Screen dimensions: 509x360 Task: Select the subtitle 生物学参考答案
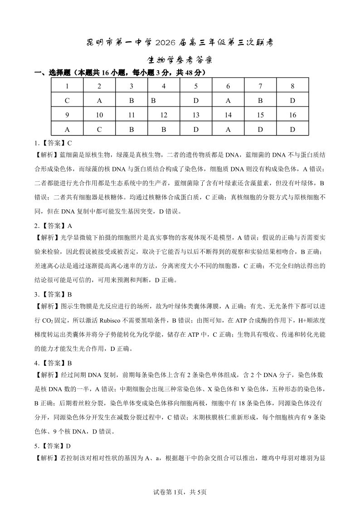[180, 60]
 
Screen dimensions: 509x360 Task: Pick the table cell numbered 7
[260, 86]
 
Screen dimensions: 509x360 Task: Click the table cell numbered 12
[164, 115]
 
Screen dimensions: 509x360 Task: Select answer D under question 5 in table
[196, 101]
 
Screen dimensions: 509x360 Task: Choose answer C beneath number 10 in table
[99, 129]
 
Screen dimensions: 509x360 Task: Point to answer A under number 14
[228, 129]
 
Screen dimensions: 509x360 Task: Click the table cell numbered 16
[292, 115]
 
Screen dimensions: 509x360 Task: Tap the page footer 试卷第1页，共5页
[180, 492]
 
